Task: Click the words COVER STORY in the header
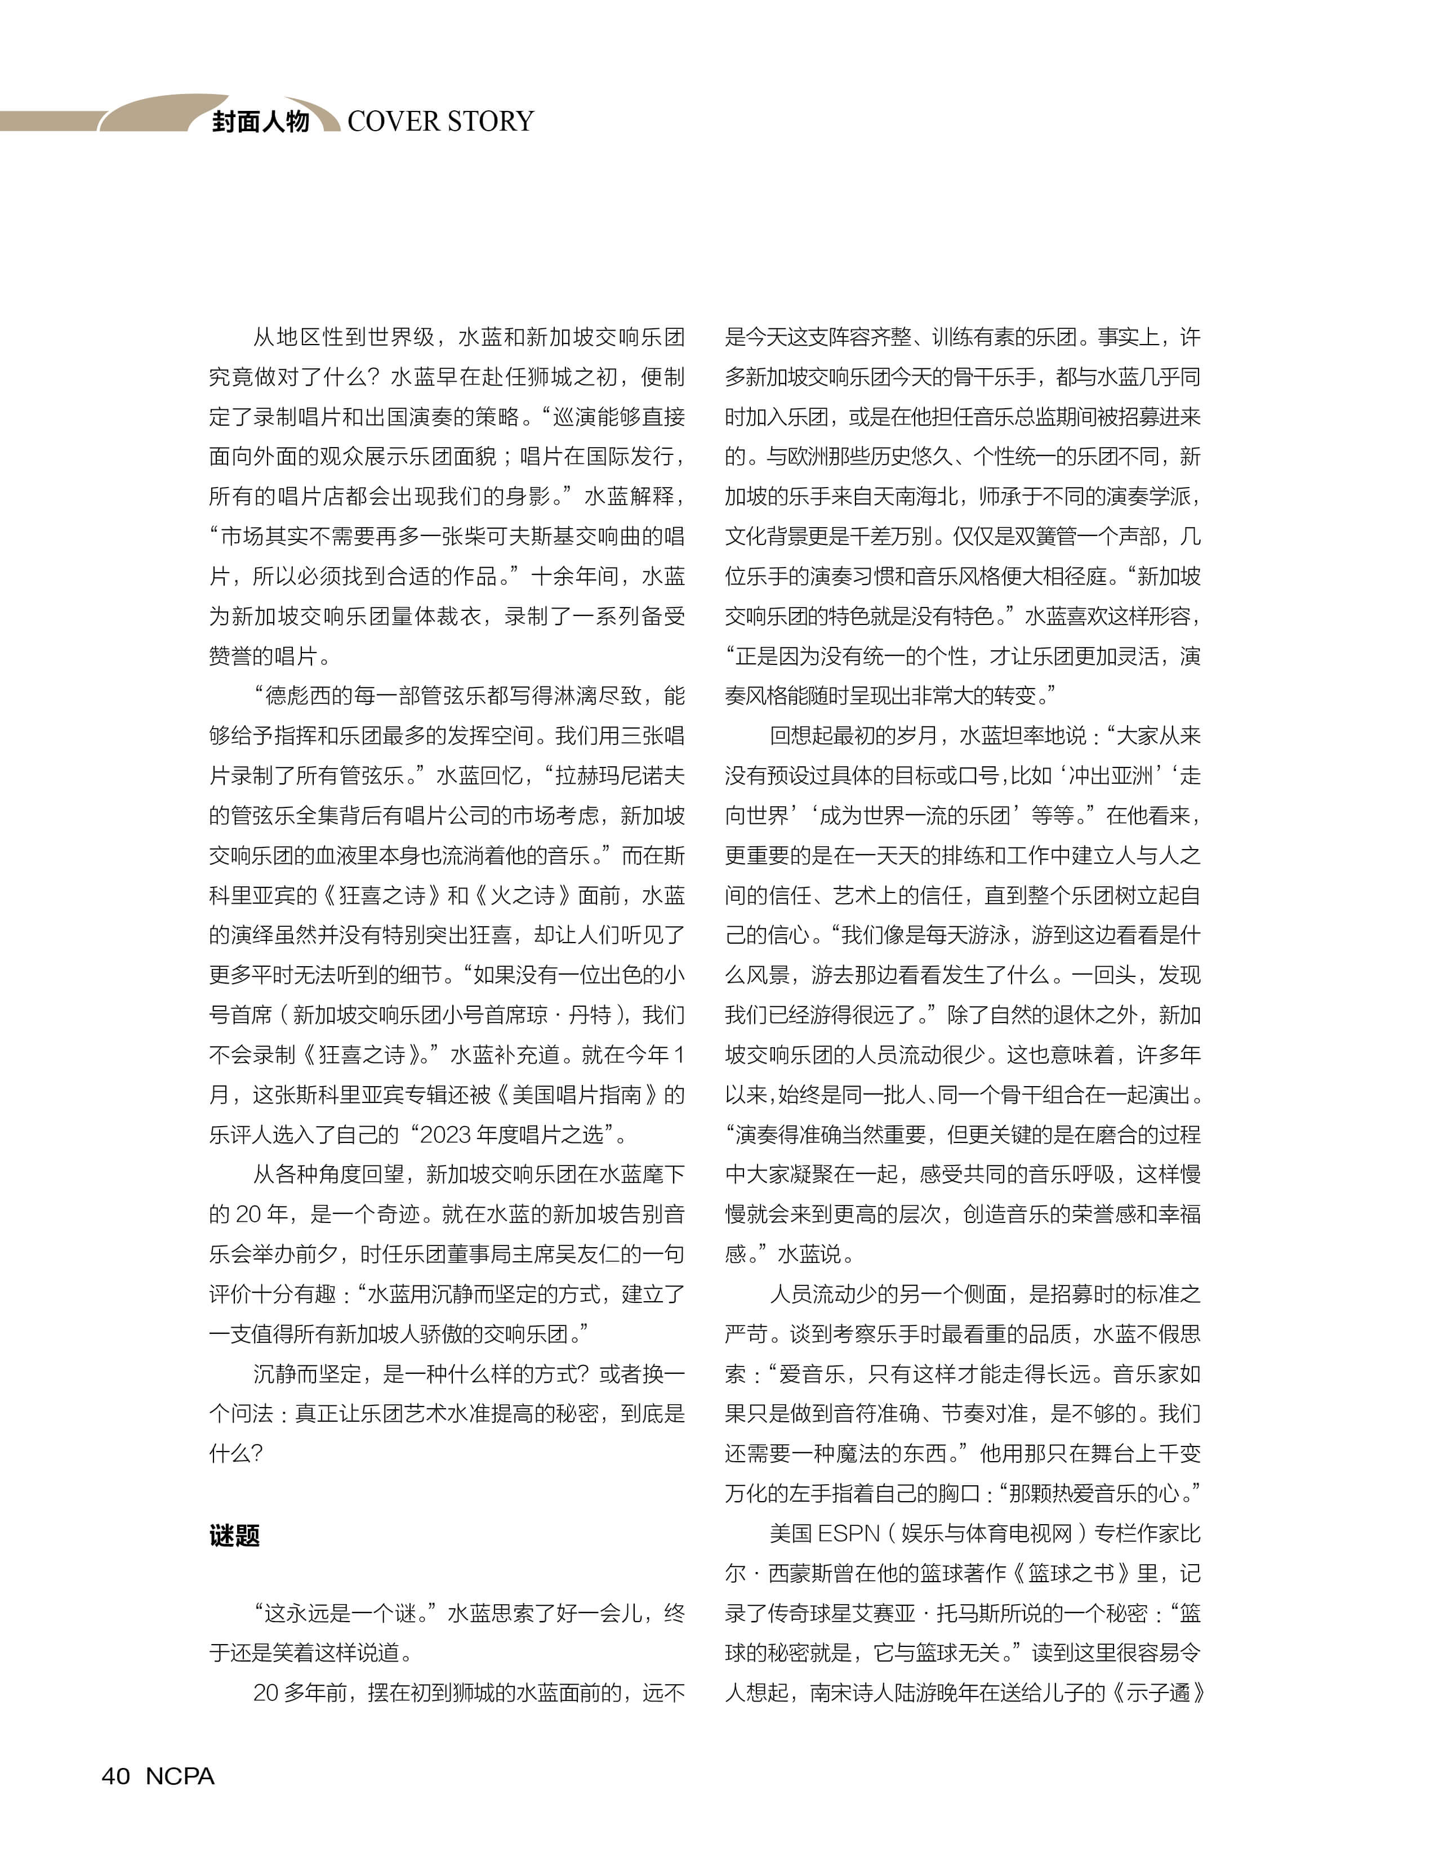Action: click(x=440, y=122)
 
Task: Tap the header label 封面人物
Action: click(x=260, y=122)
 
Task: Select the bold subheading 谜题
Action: click(x=234, y=1536)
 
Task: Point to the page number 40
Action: click(x=116, y=1776)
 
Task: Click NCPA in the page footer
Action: click(x=180, y=1776)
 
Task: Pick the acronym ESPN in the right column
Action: click(x=848, y=1534)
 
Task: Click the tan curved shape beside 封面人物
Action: click(x=153, y=113)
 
